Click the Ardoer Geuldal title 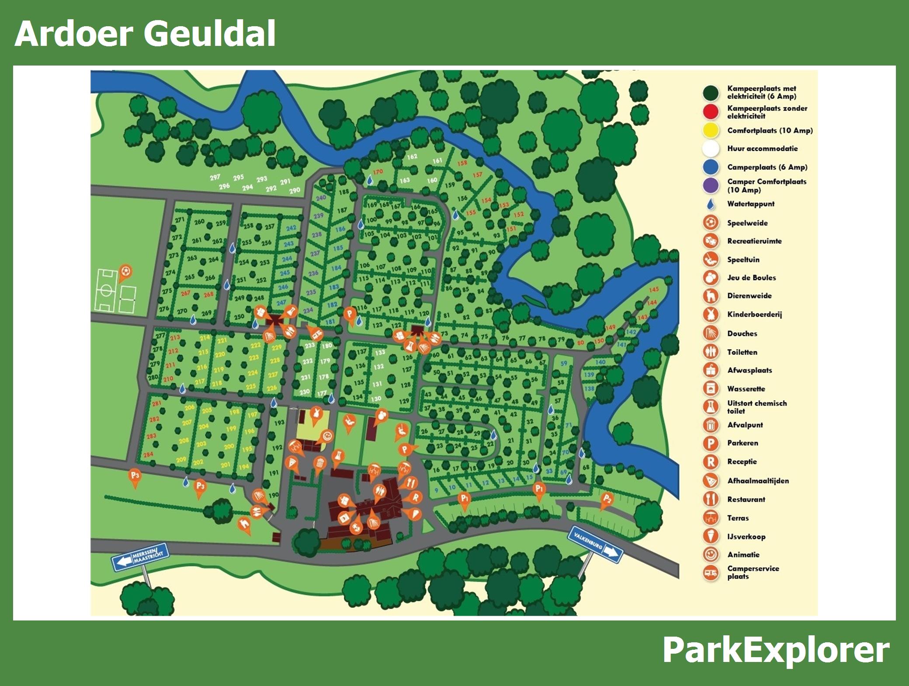pyautogui.click(x=145, y=34)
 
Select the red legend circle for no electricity pyautogui.click(x=711, y=112)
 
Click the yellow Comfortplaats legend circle pyautogui.click(x=711, y=130)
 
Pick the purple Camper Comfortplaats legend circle pyautogui.click(x=711, y=185)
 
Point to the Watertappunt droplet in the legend pyautogui.click(x=711, y=204)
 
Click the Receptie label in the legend pyautogui.click(x=742, y=461)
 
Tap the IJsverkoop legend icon pyautogui.click(x=711, y=536)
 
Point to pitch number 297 pyautogui.click(x=215, y=177)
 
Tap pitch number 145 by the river pyautogui.click(x=654, y=290)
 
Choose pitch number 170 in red pyautogui.click(x=378, y=172)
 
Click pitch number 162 pyautogui.click(x=412, y=156)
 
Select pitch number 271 pyautogui.click(x=180, y=220)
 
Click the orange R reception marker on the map pyautogui.click(x=415, y=497)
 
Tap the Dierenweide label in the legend pyautogui.click(x=749, y=296)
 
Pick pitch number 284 pyautogui.click(x=148, y=454)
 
